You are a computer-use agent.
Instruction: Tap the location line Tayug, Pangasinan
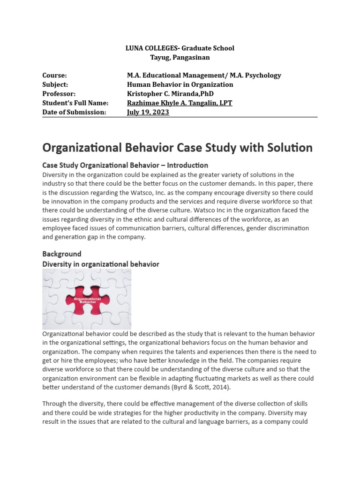[x=180, y=58]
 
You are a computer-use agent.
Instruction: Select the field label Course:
[x=54, y=75]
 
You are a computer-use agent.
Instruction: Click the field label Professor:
[x=59, y=94]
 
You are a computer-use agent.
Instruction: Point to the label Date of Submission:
[x=74, y=112]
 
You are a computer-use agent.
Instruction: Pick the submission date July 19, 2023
[x=148, y=112]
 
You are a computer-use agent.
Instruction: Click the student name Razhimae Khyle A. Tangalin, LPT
[x=179, y=103]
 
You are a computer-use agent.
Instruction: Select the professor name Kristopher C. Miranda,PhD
[x=170, y=94]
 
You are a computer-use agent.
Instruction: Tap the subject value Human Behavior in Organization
[x=180, y=85]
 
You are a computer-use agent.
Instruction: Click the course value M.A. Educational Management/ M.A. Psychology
[x=204, y=75]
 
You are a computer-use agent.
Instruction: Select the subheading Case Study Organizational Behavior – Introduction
[x=125, y=165]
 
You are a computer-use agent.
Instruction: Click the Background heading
[x=62, y=254]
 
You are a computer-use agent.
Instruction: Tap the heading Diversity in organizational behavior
[x=101, y=264]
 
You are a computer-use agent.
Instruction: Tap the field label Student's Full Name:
[x=75, y=103]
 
